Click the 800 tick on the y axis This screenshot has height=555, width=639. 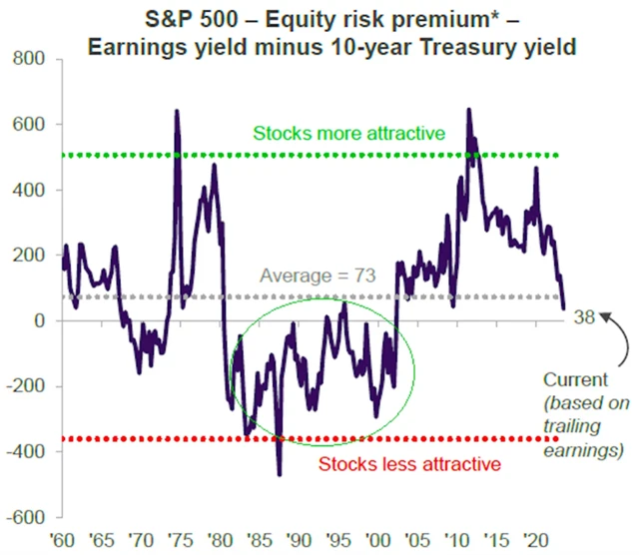point(29,60)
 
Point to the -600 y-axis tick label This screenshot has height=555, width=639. point(26,517)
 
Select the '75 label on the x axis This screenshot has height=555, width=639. point(177,541)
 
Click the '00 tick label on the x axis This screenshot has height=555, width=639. point(377,541)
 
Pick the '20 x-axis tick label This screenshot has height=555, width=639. point(538,541)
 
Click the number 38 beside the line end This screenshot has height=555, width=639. point(586,316)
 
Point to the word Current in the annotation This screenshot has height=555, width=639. point(575,380)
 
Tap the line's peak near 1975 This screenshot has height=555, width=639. point(177,111)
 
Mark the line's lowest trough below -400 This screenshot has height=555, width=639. point(280,474)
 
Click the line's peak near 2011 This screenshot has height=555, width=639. point(468,110)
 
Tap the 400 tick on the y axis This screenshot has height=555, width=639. point(29,191)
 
